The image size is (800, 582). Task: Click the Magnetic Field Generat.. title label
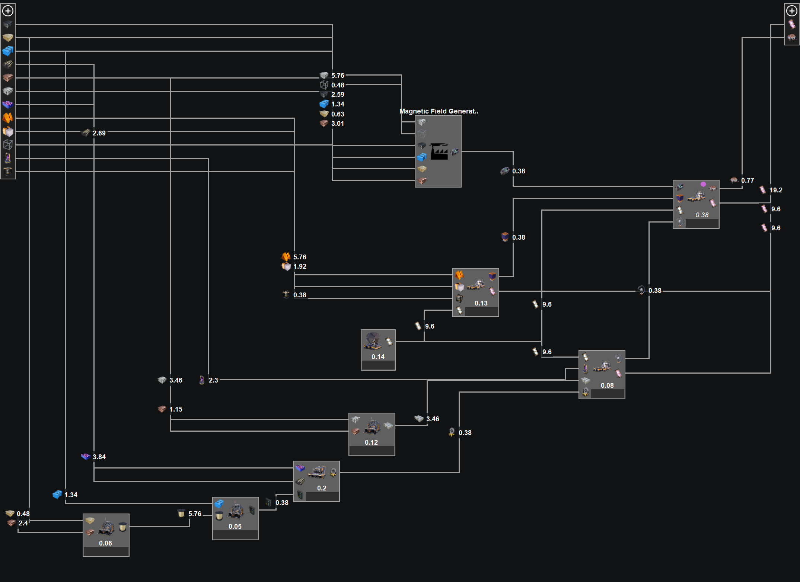tap(439, 111)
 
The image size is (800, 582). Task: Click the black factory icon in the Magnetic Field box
tap(439, 151)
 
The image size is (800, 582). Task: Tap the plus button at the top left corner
tap(8, 11)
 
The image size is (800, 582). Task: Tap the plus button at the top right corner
tap(791, 11)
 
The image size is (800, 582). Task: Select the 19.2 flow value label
tap(776, 190)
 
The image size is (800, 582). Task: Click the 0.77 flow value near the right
tap(747, 180)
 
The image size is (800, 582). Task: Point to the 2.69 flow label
tap(99, 133)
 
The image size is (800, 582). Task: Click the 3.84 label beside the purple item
tap(99, 457)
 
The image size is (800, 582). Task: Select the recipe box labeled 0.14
tap(378, 349)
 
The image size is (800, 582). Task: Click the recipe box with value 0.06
tap(106, 535)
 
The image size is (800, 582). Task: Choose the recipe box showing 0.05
tap(235, 518)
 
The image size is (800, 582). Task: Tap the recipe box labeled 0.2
tap(316, 481)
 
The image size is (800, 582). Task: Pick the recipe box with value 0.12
tap(372, 434)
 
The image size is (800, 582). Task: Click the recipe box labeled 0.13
tap(475, 292)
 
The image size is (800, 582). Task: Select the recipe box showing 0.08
tap(602, 374)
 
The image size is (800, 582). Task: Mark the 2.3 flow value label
tap(213, 380)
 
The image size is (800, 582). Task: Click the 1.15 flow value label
tap(176, 409)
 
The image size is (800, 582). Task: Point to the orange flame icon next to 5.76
tap(286, 256)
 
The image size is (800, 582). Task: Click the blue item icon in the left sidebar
tap(8, 51)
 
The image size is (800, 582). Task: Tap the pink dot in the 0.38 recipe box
tap(703, 184)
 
